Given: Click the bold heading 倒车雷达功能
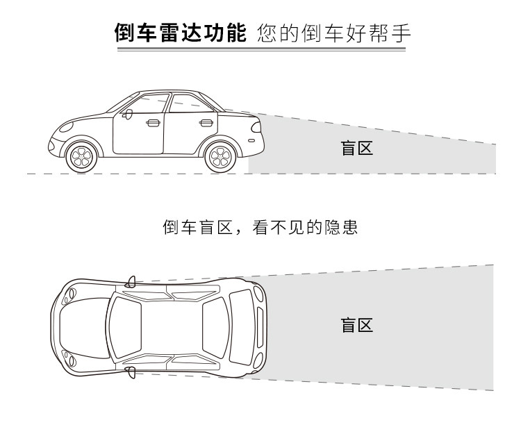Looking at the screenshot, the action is (x=181, y=33).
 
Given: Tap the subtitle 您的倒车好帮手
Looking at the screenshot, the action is (x=334, y=33).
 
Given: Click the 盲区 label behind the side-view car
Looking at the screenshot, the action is (x=357, y=148).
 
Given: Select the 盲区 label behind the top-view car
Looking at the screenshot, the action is (x=357, y=325).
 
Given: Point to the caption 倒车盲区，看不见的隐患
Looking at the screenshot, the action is (x=260, y=227).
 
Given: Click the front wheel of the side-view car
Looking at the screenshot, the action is (x=81, y=157).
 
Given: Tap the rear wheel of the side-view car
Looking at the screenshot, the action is (x=221, y=157).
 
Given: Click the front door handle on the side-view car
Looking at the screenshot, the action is (x=154, y=123).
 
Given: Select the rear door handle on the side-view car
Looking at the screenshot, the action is (x=206, y=123).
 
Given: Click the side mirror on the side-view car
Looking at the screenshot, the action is (x=128, y=115).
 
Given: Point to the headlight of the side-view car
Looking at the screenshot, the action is (x=66, y=127).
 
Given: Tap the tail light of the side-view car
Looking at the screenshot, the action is (x=256, y=127).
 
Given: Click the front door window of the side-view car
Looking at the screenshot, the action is (x=147, y=104).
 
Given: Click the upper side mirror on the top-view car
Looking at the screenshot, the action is (x=131, y=282).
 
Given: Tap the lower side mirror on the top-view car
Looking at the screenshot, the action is (x=131, y=372).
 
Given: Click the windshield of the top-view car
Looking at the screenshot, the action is (x=124, y=327).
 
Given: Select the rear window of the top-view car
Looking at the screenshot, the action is (x=215, y=328).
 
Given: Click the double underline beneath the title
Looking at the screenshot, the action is (x=261, y=49).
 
